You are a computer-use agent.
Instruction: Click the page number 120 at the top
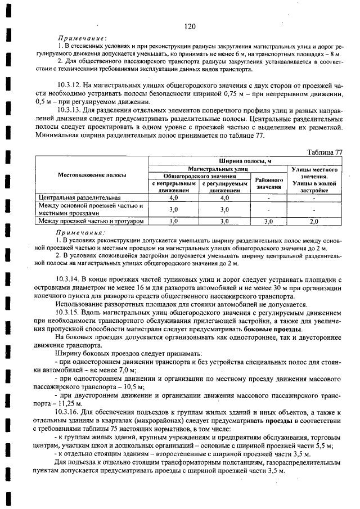click(x=188, y=26)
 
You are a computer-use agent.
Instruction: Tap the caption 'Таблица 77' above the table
click(x=325, y=152)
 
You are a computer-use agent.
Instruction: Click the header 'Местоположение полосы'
click(x=92, y=175)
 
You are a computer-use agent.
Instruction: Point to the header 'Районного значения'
click(x=268, y=183)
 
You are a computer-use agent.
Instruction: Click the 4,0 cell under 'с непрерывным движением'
click(x=173, y=198)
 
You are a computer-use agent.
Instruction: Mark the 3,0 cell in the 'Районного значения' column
click(x=268, y=222)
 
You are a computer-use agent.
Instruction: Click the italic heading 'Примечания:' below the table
click(x=80, y=232)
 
